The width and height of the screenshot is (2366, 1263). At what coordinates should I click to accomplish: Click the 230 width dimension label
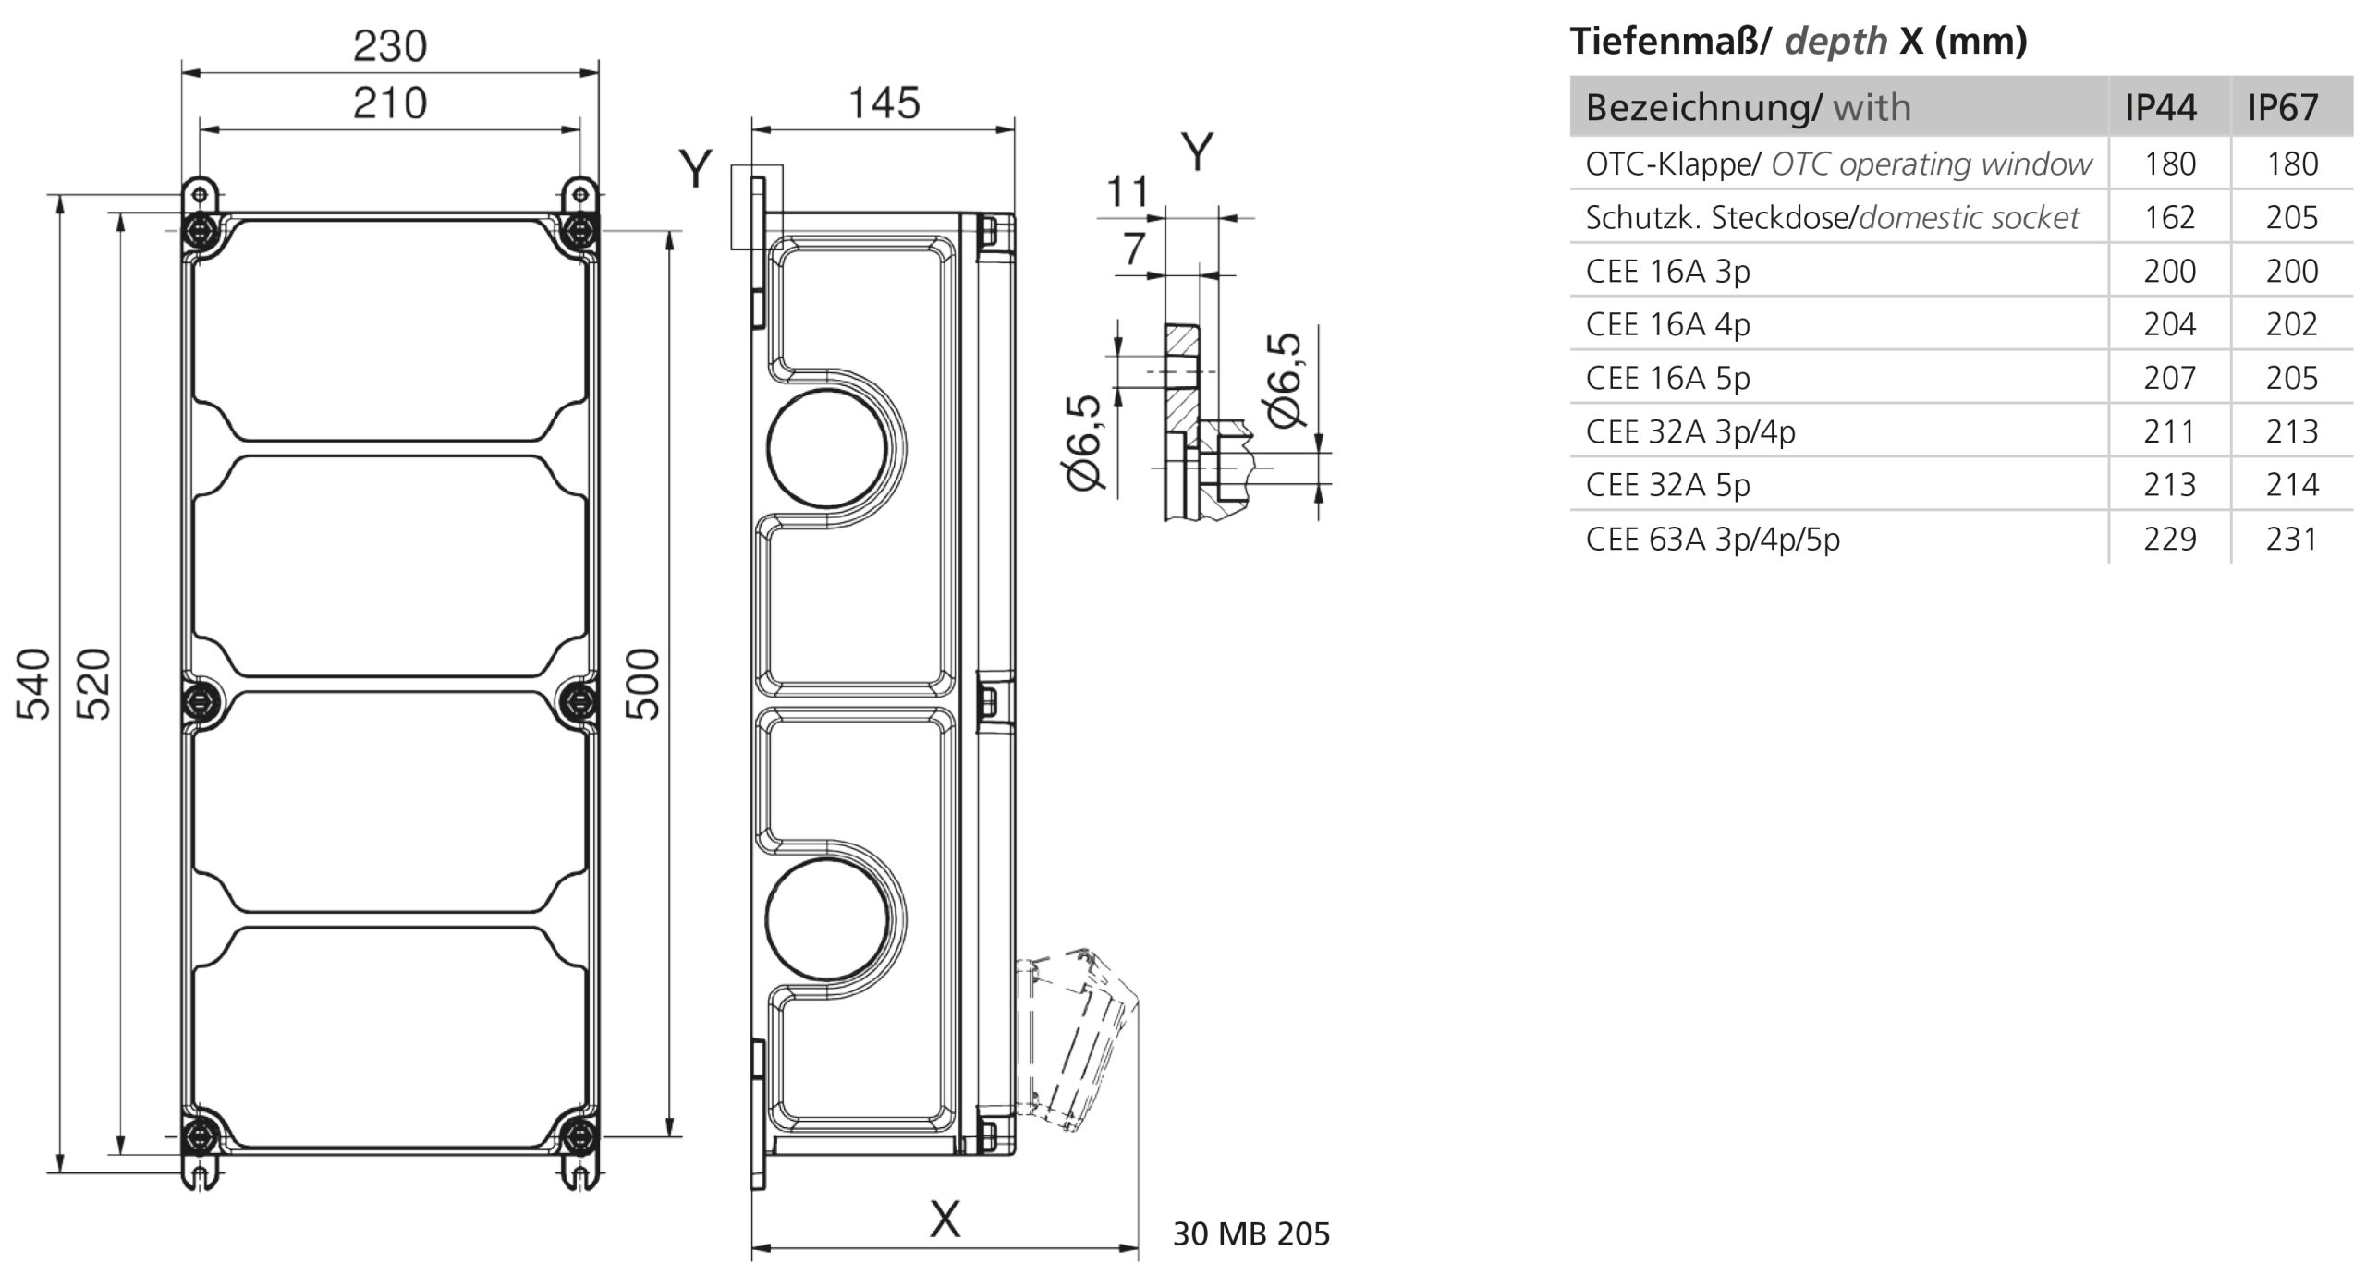pyautogui.click(x=390, y=46)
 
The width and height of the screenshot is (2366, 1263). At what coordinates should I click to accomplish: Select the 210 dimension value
pyautogui.click(x=390, y=103)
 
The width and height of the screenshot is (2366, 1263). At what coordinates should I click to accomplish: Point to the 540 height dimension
pyautogui.click(x=34, y=684)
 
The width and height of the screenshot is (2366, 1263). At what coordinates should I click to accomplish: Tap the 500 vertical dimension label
pyautogui.click(x=644, y=684)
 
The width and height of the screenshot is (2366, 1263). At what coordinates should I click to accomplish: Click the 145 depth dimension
pyautogui.click(x=884, y=103)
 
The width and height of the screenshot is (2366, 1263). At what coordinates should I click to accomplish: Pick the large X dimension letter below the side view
pyautogui.click(x=945, y=1220)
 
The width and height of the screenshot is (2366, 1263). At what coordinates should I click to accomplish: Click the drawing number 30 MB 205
pyautogui.click(x=1251, y=1234)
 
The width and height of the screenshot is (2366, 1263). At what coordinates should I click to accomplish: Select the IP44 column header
pyautogui.click(x=2160, y=108)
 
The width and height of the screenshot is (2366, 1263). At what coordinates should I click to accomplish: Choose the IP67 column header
pyautogui.click(x=2283, y=108)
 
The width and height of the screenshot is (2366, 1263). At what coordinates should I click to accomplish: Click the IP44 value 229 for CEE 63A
pyautogui.click(x=2169, y=539)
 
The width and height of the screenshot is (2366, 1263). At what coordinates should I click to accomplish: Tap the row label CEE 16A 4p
pyautogui.click(x=1668, y=324)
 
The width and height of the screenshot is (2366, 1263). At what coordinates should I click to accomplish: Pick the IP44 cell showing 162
pyautogui.click(x=2169, y=217)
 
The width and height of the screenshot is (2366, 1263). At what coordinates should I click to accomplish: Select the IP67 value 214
pyautogui.click(x=2292, y=485)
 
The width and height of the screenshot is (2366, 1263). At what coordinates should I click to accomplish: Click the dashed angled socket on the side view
pyautogui.click(x=1077, y=1039)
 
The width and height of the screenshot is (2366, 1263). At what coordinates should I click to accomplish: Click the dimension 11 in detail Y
pyautogui.click(x=1128, y=192)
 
